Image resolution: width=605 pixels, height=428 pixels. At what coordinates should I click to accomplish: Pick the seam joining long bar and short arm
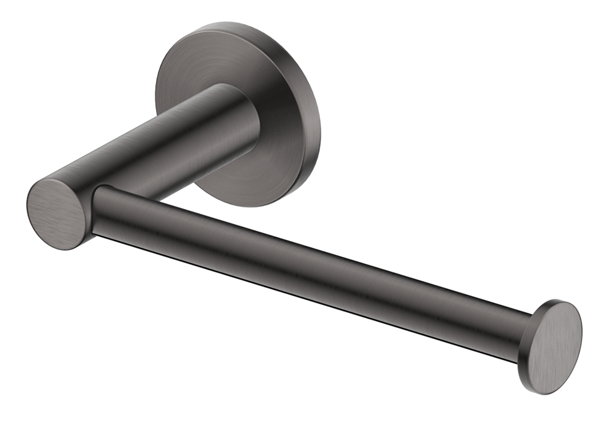pos(94,210)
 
